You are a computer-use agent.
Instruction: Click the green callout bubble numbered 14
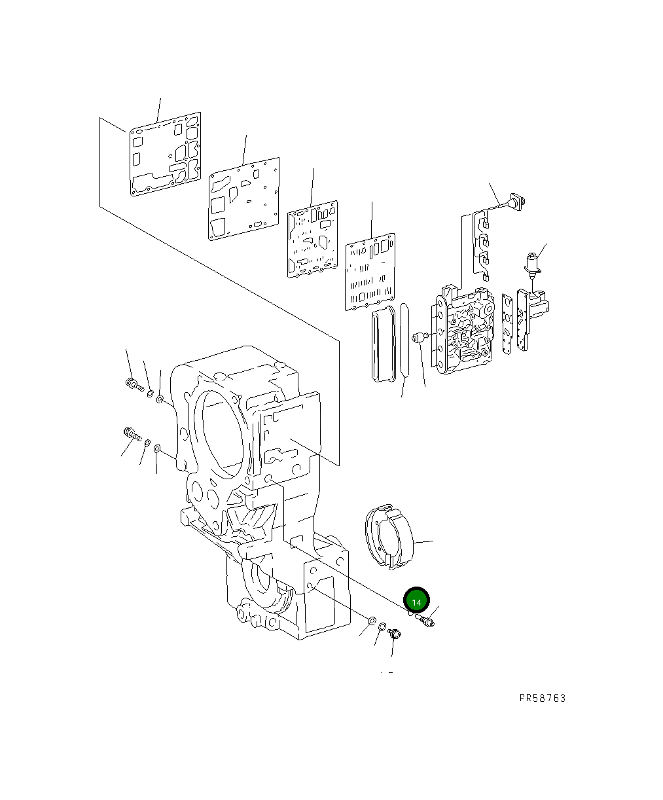click(416, 600)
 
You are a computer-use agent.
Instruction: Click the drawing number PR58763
click(542, 698)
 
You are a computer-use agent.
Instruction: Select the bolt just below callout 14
click(426, 619)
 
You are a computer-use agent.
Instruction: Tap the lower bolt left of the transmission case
click(131, 434)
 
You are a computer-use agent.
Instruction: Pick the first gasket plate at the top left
click(164, 155)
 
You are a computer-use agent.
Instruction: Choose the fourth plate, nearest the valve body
click(370, 270)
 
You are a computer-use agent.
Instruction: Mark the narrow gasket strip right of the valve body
click(508, 326)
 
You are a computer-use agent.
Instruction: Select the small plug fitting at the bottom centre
click(394, 634)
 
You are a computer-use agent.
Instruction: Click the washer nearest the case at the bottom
click(371, 621)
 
